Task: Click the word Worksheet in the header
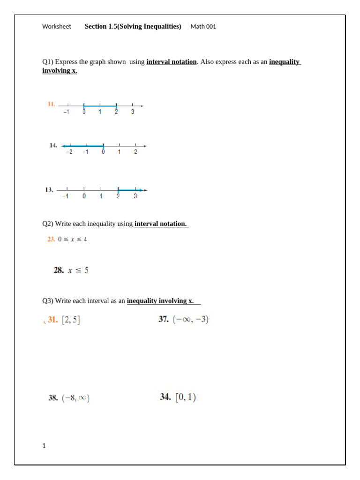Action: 57,27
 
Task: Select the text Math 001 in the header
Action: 203,27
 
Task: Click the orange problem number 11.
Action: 52,104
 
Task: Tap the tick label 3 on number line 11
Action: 133,112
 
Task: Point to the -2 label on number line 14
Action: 69,152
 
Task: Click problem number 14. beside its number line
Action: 53,145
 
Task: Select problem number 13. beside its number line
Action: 49,190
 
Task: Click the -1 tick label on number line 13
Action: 66,196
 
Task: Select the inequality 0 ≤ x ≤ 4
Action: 73,239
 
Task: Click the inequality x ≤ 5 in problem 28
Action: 78,270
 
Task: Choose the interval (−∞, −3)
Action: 190,320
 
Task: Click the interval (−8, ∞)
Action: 75,398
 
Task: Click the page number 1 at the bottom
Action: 44,446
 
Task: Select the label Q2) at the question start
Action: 48,224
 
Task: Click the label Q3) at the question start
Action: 48,301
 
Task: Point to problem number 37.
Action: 164,320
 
